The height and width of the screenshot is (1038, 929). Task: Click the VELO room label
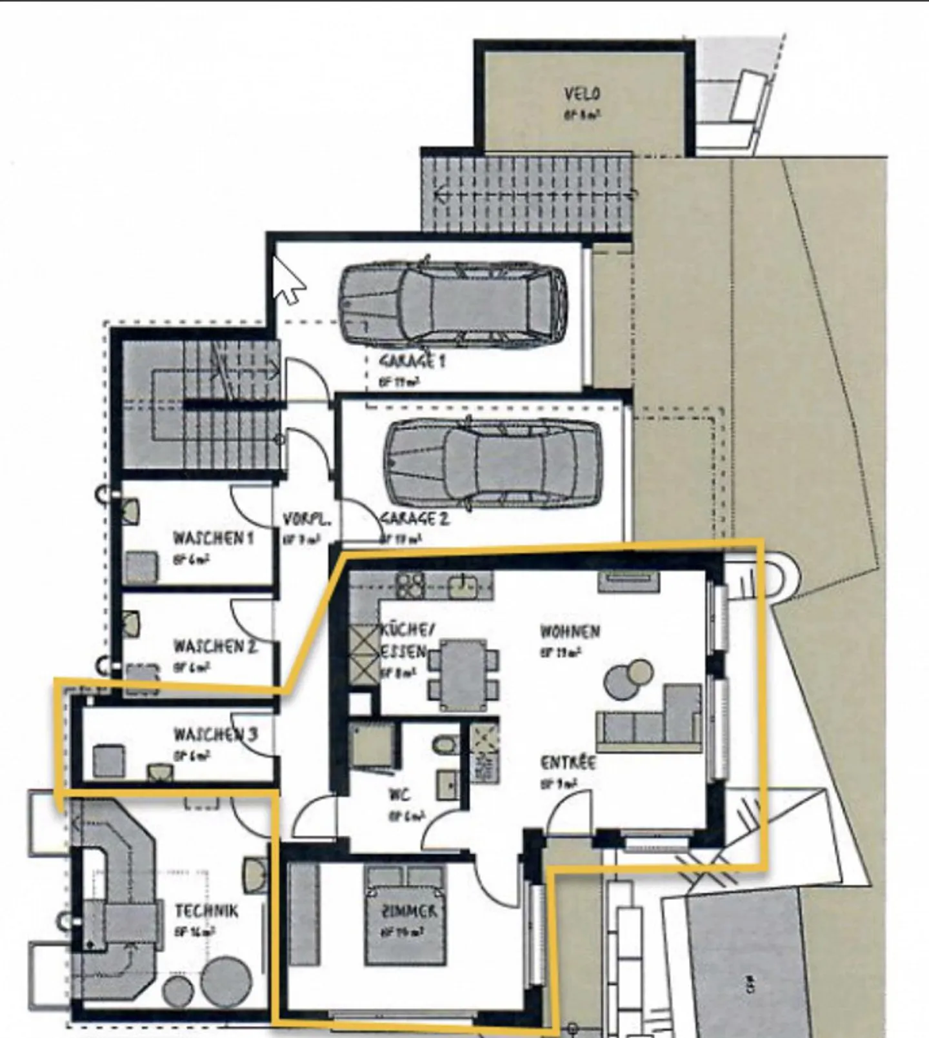click(582, 94)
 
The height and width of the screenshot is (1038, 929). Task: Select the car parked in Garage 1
click(454, 301)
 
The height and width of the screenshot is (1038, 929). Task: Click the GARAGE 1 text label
click(412, 361)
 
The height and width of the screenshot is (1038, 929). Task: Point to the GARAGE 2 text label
click(414, 519)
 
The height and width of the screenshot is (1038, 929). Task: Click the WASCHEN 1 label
click(213, 538)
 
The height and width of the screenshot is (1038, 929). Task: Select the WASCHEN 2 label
click(215, 646)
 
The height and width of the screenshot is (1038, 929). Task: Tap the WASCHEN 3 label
click(215, 734)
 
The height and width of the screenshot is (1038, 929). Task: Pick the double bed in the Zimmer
click(406, 915)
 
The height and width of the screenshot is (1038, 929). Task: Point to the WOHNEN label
click(570, 631)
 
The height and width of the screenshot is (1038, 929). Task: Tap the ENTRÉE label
click(568, 763)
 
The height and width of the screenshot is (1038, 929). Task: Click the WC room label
click(399, 795)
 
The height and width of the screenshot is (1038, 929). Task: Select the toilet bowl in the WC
click(445, 745)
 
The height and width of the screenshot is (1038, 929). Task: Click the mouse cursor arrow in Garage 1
click(288, 280)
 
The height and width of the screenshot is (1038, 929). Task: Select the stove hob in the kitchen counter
click(410, 584)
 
